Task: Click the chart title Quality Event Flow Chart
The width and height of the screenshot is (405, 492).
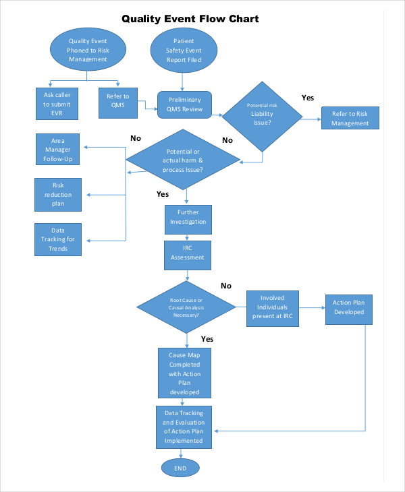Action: pyautogui.click(x=190, y=19)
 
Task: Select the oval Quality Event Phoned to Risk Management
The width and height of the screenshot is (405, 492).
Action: pyautogui.click(x=87, y=51)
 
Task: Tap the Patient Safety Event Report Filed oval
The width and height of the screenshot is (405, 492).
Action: pyautogui.click(x=184, y=51)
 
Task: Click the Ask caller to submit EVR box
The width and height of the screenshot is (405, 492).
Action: pyautogui.click(x=57, y=104)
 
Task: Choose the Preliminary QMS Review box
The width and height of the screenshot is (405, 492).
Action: pyautogui.click(x=184, y=104)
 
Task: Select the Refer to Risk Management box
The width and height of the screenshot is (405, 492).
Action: pyautogui.click(x=350, y=119)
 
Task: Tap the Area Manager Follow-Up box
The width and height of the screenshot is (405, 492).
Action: pyautogui.click(x=58, y=150)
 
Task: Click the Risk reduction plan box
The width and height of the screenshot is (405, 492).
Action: pyautogui.click(x=57, y=194)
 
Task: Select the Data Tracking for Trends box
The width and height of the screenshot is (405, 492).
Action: pyautogui.click(x=57, y=239)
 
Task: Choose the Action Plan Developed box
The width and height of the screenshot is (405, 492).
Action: pyautogui.click(x=348, y=307)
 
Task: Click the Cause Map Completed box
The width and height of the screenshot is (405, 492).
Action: pyautogui.click(x=184, y=373)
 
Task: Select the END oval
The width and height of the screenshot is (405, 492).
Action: pyautogui.click(x=180, y=468)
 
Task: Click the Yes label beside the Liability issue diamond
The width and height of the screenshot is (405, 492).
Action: pyautogui.click(x=308, y=98)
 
